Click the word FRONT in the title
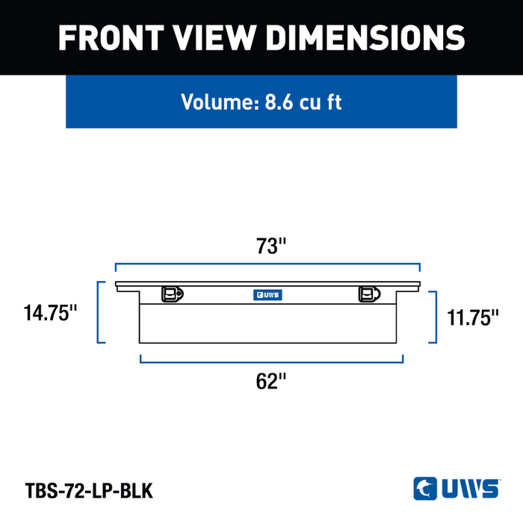pos(111,37)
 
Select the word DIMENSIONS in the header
pos(365,37)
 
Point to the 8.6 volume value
pos(279,102)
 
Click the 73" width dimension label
pos(270,246)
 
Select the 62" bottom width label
pos(270,381)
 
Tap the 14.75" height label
pos(50,313)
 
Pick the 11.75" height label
pos(473,318)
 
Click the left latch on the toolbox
pos(173,294)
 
